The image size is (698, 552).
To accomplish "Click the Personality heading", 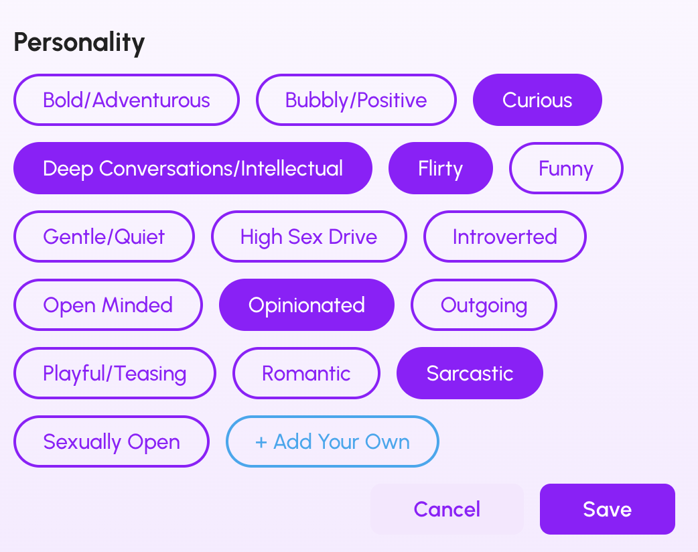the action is coord(79,43).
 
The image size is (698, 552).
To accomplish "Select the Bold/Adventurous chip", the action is coord(127,100).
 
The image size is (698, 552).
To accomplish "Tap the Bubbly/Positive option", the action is coord(356,100).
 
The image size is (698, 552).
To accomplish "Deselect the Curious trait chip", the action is coord(537,100).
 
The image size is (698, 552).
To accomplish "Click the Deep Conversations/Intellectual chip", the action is coord(193,168).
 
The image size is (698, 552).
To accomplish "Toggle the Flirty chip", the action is coord(441,168).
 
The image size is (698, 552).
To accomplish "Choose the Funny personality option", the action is coord(566,168).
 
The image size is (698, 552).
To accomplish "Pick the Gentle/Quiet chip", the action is coord(104,236).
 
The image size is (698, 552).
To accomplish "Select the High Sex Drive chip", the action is coord(309,236).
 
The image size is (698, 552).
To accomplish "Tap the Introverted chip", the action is coord(505,236).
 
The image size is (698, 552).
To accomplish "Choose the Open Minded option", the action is coord(108,305).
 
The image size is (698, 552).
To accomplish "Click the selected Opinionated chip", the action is coord(307,305).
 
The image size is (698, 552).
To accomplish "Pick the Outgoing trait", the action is coord(484,305).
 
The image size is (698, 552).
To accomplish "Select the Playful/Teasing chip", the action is coord(115,373).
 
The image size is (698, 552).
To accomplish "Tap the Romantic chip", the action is coord(306,373).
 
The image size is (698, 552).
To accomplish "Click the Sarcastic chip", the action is coord(470,373).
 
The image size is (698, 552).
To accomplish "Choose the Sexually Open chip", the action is coord(111,441).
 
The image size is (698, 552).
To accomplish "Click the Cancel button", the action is coord(447,509).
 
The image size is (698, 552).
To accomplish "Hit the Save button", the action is coord(608,509).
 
